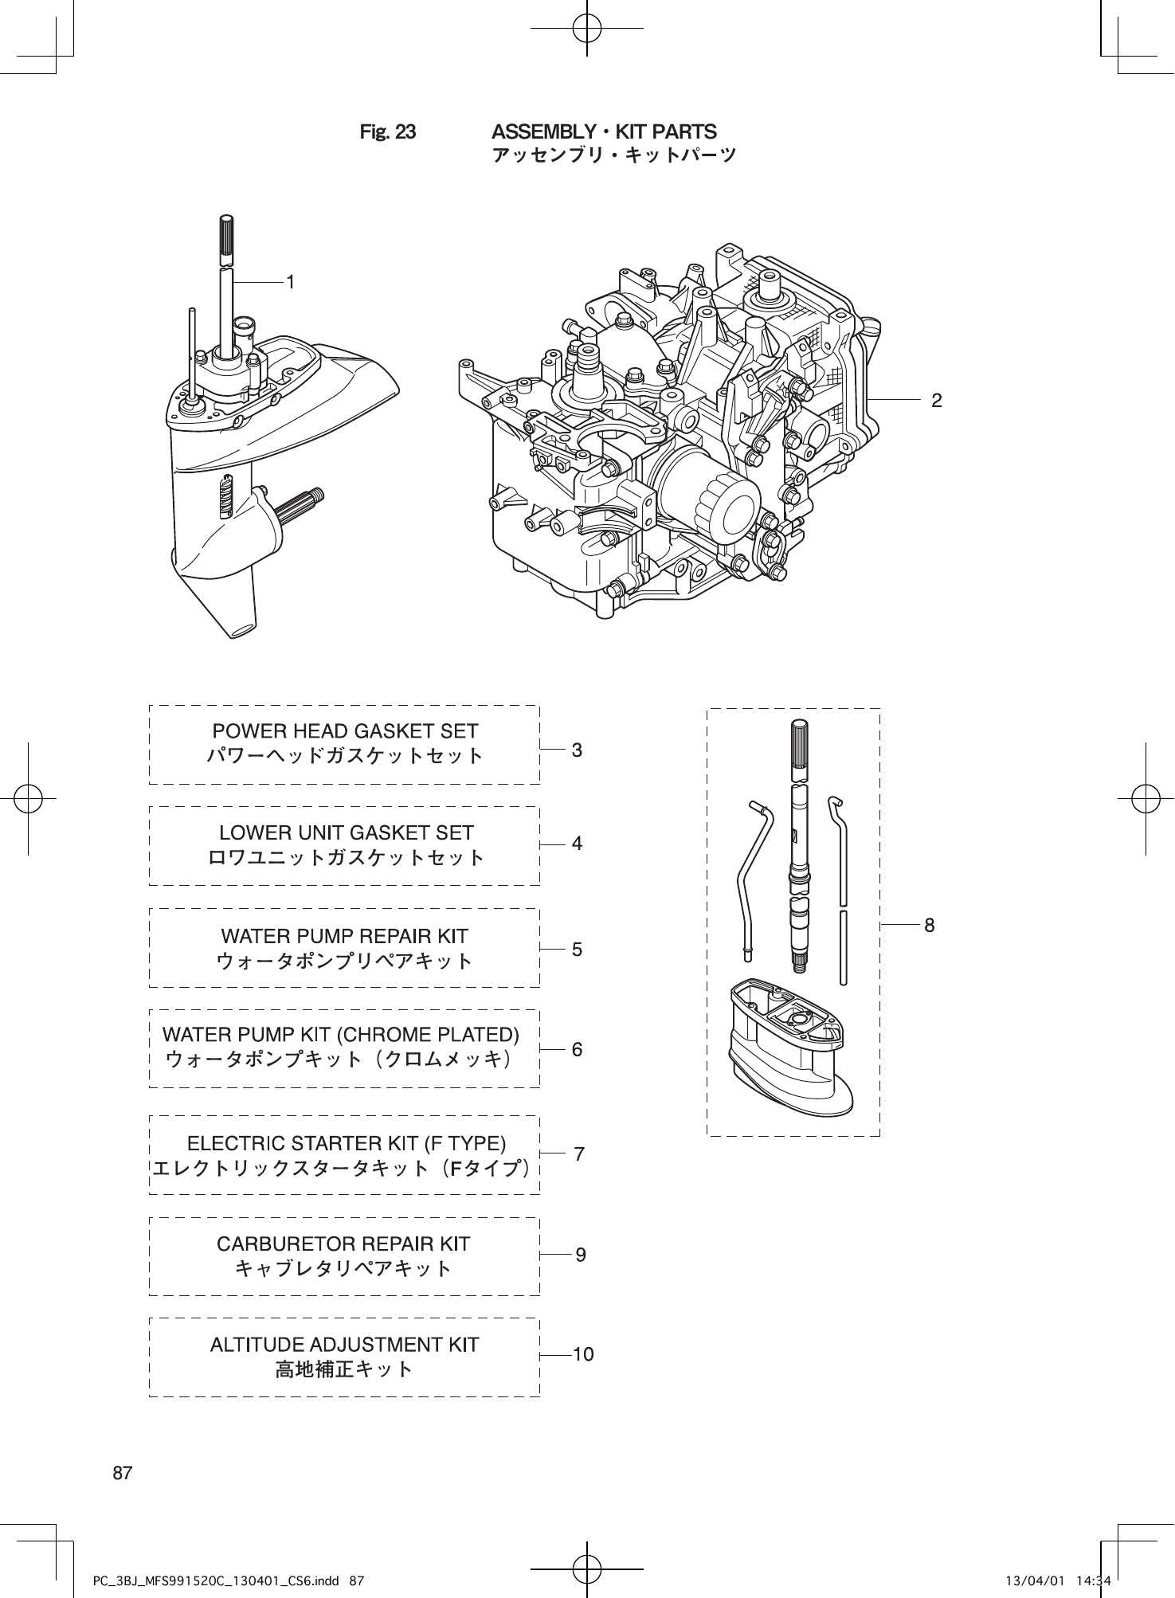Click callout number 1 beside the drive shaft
tap(292, 282)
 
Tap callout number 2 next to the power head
tap(937, 401)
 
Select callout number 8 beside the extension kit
tap(929, 925)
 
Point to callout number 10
tap(583, 1354)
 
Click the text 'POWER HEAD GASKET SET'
tap(345, 731)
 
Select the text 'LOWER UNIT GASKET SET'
tap(346, 833)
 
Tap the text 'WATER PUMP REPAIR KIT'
tap(344, 935)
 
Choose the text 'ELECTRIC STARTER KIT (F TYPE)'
tap(346, 1144)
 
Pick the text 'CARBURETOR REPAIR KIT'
tap(343, 1244)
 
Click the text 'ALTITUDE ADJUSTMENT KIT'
tap(344, 1345)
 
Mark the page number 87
tap(122, 1473)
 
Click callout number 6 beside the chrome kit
tap(578, 1050)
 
